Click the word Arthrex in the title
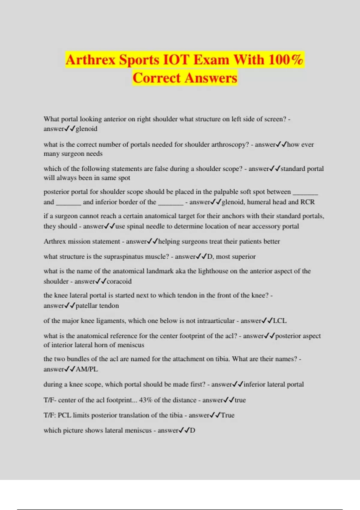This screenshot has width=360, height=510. click(x=90, y=59)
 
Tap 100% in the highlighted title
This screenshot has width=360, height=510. click(x=286, y=59)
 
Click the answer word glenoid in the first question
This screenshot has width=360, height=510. click(x=86, y=129)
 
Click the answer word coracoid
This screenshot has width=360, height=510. click(x=119, y=281)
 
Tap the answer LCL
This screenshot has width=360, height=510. click(x=280, y=321)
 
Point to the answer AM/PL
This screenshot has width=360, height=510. click(x=87, y=369)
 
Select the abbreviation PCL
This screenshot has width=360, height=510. click(x=64, y=415)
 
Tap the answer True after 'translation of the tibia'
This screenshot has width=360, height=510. click(x=228, y=415)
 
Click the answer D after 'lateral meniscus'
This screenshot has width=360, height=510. click(x=192, y=430)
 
